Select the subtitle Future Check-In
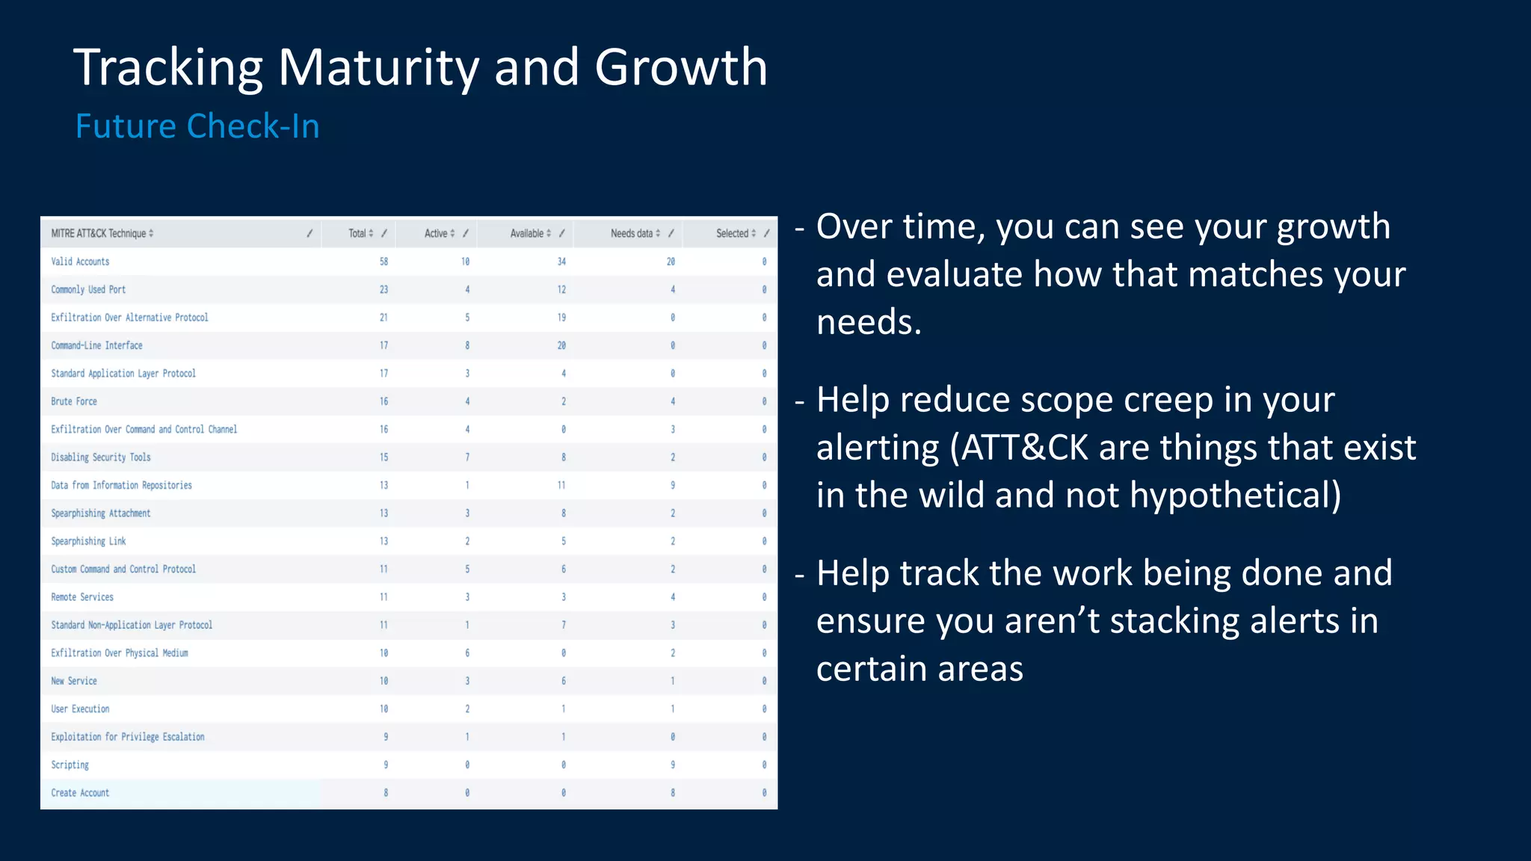point(197,126)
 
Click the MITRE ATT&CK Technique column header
point(99,233)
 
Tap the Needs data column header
point(632,233)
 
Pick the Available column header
point(527,233)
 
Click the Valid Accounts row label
point(80,262)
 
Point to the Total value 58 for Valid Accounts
point(383,262)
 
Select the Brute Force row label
point(74,401)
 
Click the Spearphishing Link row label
point(88,541)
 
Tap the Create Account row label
point(80,793)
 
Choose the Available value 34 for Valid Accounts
point(561,262)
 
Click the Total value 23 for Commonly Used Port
point(383,289)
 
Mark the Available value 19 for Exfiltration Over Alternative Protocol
point(561,318)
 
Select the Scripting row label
point(70,765)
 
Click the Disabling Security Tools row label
point(101,457)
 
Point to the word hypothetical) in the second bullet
point(1235,496)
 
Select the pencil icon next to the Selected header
point(766,233)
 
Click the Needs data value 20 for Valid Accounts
point(671,262)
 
